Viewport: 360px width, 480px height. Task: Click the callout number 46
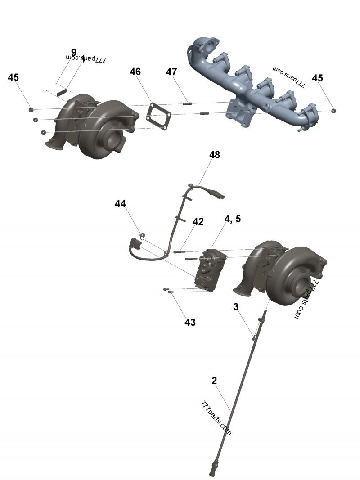coord(135,72)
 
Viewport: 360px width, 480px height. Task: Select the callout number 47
coord(171,72)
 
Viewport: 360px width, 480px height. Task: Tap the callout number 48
coord(215,155)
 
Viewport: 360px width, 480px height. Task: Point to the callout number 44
coord(120,204)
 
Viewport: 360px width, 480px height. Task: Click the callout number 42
coord(198,222)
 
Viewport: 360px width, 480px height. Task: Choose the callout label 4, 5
coord(233,219)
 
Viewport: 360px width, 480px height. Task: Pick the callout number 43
coord(190,322)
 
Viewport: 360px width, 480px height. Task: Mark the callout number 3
coord(236,307)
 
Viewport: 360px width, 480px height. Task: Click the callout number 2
coord(214,381)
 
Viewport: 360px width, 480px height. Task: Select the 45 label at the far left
coord(13,77)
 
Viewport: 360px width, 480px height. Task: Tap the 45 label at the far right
coord(317,78)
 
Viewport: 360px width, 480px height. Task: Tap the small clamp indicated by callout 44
coord(142,235)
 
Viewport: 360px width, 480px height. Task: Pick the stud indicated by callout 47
coord(188,104)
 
